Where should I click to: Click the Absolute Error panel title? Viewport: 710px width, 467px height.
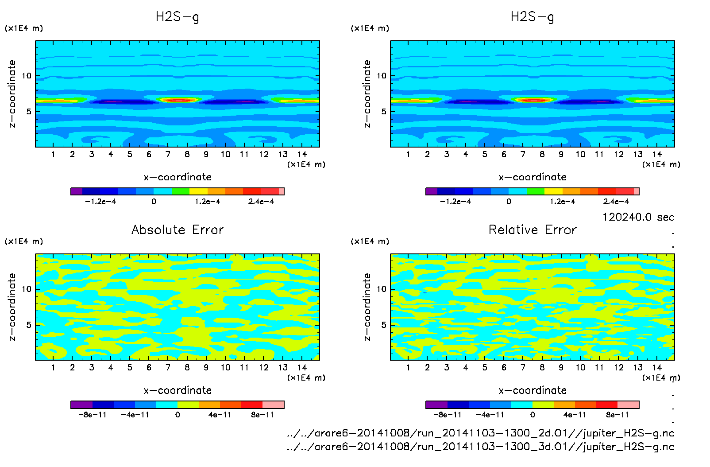(x=177, y=230)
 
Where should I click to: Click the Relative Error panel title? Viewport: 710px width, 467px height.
(x=532, y=230)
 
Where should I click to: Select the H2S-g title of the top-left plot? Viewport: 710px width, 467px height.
(x=177, y=17)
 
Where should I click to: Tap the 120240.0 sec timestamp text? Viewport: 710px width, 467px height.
(x=638, y=217)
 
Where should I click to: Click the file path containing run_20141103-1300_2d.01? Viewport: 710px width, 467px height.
(x=481, y=433)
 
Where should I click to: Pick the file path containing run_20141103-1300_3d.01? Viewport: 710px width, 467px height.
(x=481, y=447)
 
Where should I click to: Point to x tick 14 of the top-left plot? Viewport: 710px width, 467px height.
(x=302, y=154)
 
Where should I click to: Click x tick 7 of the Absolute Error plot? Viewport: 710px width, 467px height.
(x=168, y=367)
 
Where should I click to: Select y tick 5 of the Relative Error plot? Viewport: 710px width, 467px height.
(x=384, y=325)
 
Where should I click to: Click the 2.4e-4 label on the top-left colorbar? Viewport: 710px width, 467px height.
(x=261, y=202)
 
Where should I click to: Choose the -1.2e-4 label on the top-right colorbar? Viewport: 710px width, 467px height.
(x=455, y=202)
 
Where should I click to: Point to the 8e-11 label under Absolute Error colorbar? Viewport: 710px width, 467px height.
(x=262, y=415)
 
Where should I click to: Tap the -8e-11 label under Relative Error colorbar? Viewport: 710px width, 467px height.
(x=447, y=415)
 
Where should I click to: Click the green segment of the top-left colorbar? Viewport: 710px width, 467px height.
(x=180, y=191)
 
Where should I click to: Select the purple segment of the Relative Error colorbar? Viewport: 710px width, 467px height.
(x=436, y=405)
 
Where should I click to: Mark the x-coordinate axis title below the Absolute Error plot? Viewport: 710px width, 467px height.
(x=177, y=390)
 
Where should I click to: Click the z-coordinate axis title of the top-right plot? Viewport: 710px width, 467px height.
(x=367, y=94)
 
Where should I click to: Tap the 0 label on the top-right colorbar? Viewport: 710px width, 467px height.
(x=509, y=202)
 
